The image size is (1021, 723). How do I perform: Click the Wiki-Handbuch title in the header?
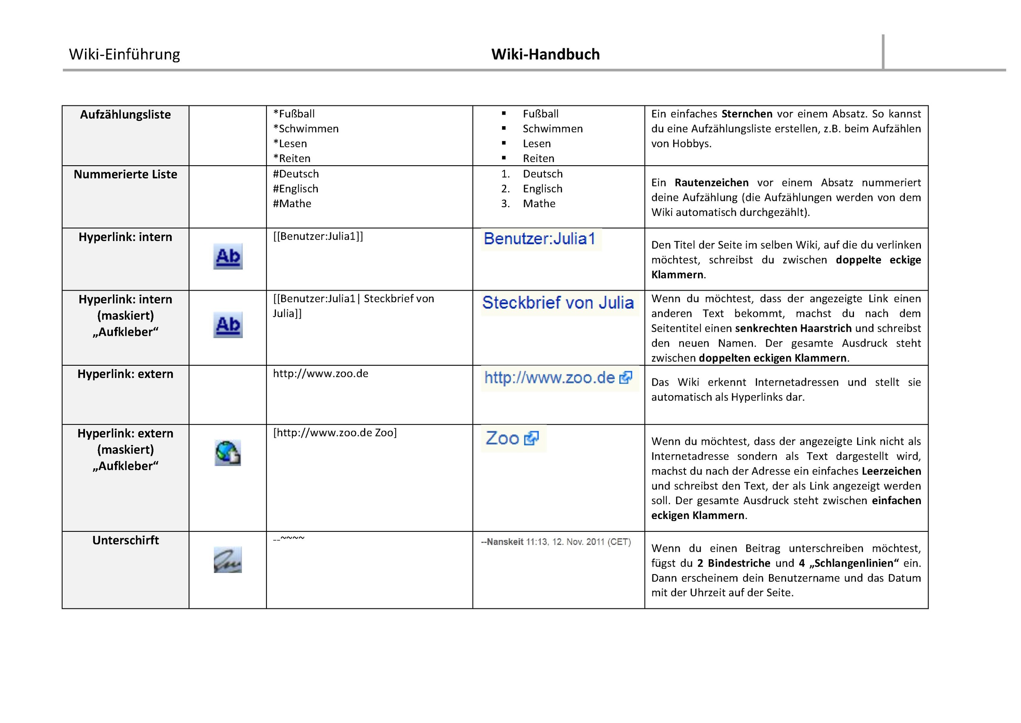click(x=545, y=54)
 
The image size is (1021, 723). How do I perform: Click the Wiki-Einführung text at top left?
click(x=124, y=54)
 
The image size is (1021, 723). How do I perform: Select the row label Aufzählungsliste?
click(x=125, y=115)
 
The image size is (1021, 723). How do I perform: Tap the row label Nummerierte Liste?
click(x=125, y=174)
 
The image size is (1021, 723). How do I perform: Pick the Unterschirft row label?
click(x=125, y=541)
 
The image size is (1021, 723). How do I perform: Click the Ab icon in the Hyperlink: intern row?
click(x=228, y=256)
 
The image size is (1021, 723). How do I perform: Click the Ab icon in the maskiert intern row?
click(x=228, y=325)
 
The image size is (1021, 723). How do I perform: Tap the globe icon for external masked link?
click(x=228, y=453)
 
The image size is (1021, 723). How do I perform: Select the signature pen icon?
click(x=228, y=560)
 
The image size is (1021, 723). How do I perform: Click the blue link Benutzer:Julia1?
click(x=539, y=239)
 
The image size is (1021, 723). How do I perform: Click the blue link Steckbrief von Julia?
click(x=558, y=303)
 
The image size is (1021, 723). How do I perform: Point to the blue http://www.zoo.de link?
click(x=550, y=378)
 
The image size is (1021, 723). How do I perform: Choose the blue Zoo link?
click(x=503, y=438)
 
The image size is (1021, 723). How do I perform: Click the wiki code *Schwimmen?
click(x=306, y=129)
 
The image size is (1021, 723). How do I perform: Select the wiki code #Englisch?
click(x=296, y=189)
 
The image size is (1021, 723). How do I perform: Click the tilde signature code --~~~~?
click(x=289, y=539)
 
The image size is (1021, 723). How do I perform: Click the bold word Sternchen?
click(x=747, y=114)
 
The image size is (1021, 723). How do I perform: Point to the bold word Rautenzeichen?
click(x=712, y=183)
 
